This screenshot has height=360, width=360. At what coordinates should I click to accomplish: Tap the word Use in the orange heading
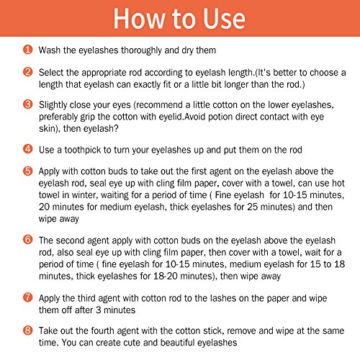pyautogui.click(x=224, y=19)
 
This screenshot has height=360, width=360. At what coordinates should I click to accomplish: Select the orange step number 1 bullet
pyautogui.click(x=28, y=50)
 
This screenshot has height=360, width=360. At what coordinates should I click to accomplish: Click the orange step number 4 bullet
pyautogui.click(x=28, y=149)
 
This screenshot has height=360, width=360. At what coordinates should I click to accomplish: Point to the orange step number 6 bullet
pyautogui.click(x=28, y=240)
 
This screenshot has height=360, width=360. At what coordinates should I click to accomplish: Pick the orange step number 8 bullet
pyautogui.click(x=28, y=330)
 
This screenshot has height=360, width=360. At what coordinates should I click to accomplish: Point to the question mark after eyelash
pyautogui.click(x=116, y=128)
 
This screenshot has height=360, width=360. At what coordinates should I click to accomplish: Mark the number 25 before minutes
pyautogui.click(x=253, y=207)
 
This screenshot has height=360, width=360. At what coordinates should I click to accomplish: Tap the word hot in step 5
pyautogui.click(x=338, y=183)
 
